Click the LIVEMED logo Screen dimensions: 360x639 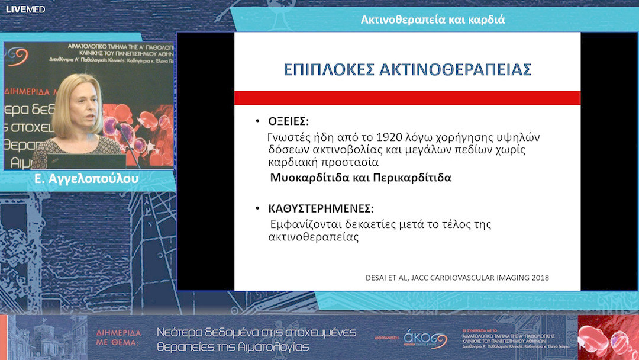click(x=25, y=9)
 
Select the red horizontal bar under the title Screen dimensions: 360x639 click(x=407, y=98)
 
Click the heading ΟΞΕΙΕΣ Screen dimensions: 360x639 click(x=288, y=121)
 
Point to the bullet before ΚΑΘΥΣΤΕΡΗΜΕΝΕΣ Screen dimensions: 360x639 click(x=257, y=209)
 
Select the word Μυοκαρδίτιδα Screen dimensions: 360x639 click(x=306, y=178)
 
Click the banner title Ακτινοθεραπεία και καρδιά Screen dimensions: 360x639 click(x=433, y=20)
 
